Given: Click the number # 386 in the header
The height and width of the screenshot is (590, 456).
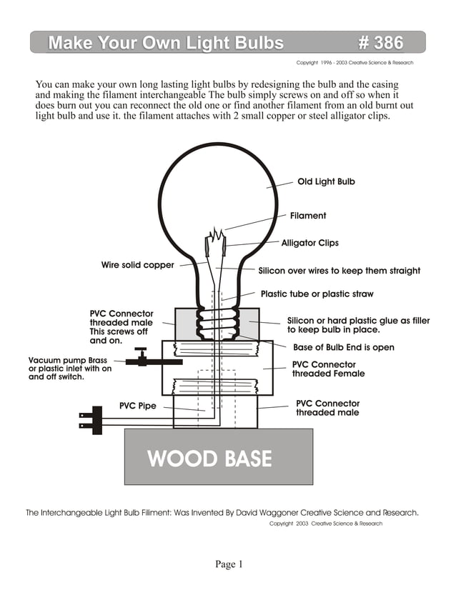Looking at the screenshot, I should point(380,43).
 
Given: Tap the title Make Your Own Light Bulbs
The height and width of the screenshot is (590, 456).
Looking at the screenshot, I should point(166,43).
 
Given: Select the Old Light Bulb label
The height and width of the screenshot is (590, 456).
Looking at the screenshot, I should point(326,181).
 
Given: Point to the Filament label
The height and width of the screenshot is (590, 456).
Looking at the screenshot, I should point(308,216).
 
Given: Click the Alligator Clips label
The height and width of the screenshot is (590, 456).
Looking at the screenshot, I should point(309,243).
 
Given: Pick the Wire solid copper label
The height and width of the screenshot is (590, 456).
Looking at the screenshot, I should point(137,265).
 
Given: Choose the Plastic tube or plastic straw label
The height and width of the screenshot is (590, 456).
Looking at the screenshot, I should point(317,294).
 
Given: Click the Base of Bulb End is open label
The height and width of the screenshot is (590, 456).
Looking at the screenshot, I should point(344,348).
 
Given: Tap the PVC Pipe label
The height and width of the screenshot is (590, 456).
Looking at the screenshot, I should point(137,406).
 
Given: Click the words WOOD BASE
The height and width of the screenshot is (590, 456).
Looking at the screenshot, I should point(209,458).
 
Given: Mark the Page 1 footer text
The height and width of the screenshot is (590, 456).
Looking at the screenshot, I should point(229,564).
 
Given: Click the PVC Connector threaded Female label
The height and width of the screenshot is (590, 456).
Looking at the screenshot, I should point(328,369).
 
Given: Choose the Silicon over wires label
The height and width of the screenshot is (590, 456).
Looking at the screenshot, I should point(339,271).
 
